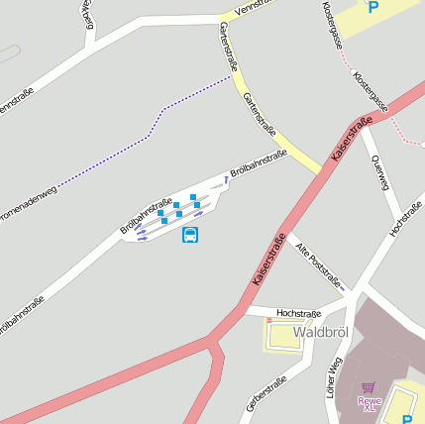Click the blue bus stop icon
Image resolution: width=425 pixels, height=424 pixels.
[x=190, y=235]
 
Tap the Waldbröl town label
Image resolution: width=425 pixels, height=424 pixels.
[x=321, y=331]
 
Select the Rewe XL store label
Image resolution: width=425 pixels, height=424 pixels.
[x=370, y=402]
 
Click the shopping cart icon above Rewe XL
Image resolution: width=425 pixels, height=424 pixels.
[x=370, y=388]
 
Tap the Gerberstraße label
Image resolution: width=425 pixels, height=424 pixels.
[x=265, y=393]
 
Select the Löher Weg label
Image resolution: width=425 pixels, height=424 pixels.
[x=333, y=377]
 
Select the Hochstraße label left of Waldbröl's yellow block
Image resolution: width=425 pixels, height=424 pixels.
[x=299, y=313]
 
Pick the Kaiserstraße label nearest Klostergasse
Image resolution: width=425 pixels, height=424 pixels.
[x=352, y=139]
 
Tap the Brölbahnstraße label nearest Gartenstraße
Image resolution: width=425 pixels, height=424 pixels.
[x=259, y=164]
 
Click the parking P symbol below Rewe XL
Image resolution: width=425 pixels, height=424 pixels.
[x=403, y=401]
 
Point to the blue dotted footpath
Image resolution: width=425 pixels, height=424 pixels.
[x=149, y=134]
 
